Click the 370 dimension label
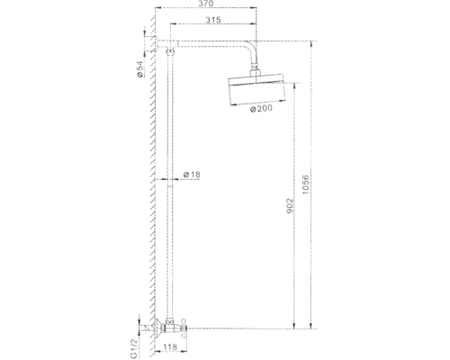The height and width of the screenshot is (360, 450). (206, 4)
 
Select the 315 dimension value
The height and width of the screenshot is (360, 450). (213, 20)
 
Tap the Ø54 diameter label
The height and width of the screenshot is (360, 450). (139, 69)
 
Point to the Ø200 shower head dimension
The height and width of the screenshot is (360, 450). (261, 108)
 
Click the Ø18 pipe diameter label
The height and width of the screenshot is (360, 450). (192, 175)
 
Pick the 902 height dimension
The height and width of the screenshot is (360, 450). (290, 206)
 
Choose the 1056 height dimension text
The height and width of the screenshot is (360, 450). (305, 184)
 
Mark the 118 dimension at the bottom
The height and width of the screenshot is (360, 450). (170, 347)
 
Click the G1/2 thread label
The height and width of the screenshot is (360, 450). (134, 348)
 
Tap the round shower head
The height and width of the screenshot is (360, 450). (256, 89)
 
